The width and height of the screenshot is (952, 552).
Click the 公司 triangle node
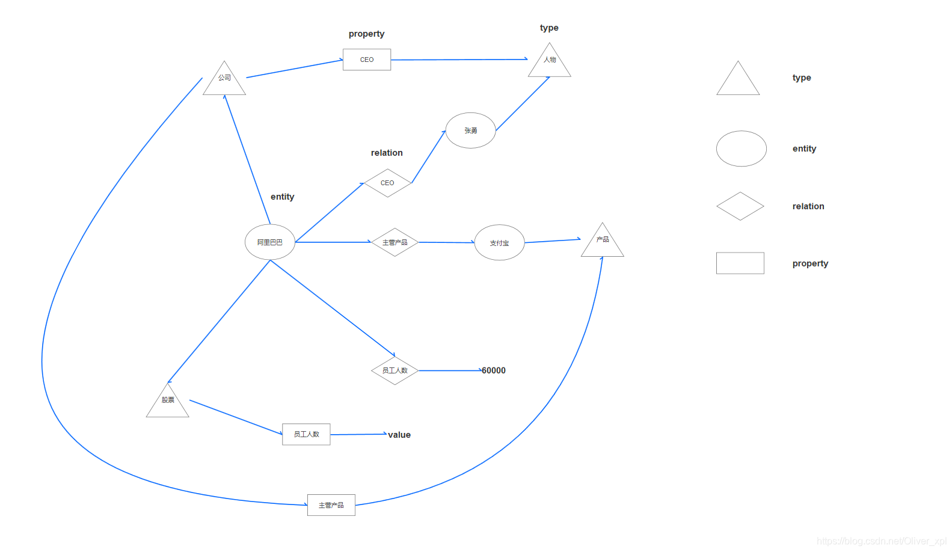tap(224, 80)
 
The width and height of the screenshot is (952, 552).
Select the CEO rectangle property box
tap(367, 60)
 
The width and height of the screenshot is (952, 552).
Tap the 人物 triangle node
tap(550, 62)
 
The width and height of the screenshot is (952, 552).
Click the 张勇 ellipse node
tap(471, 130)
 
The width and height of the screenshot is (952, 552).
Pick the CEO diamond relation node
tap(388, 183)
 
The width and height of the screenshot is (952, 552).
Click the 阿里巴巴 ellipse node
tap(270, 242)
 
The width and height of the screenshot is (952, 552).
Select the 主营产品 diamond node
tap(395, 242)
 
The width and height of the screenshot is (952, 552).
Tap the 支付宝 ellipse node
tap(500, 243)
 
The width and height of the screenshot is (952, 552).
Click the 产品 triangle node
tap(603, 242)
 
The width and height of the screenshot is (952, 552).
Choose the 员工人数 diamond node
tap(395, 370)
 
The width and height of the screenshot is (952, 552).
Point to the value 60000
tap(494, 370)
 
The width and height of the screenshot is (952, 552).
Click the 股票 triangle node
tap(168, 402)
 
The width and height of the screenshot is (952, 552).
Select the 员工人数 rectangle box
tap(307, 434)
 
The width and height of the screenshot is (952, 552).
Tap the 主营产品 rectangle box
tap(331, 505)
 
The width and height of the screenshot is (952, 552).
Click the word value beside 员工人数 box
tap(399, 435)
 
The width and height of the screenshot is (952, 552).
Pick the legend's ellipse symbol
tap(742, 149)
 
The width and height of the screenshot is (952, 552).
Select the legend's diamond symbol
tap(740, 206)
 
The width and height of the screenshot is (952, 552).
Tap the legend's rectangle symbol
tap(740, 263)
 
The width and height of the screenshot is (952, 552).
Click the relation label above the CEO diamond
tap(387, 153)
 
